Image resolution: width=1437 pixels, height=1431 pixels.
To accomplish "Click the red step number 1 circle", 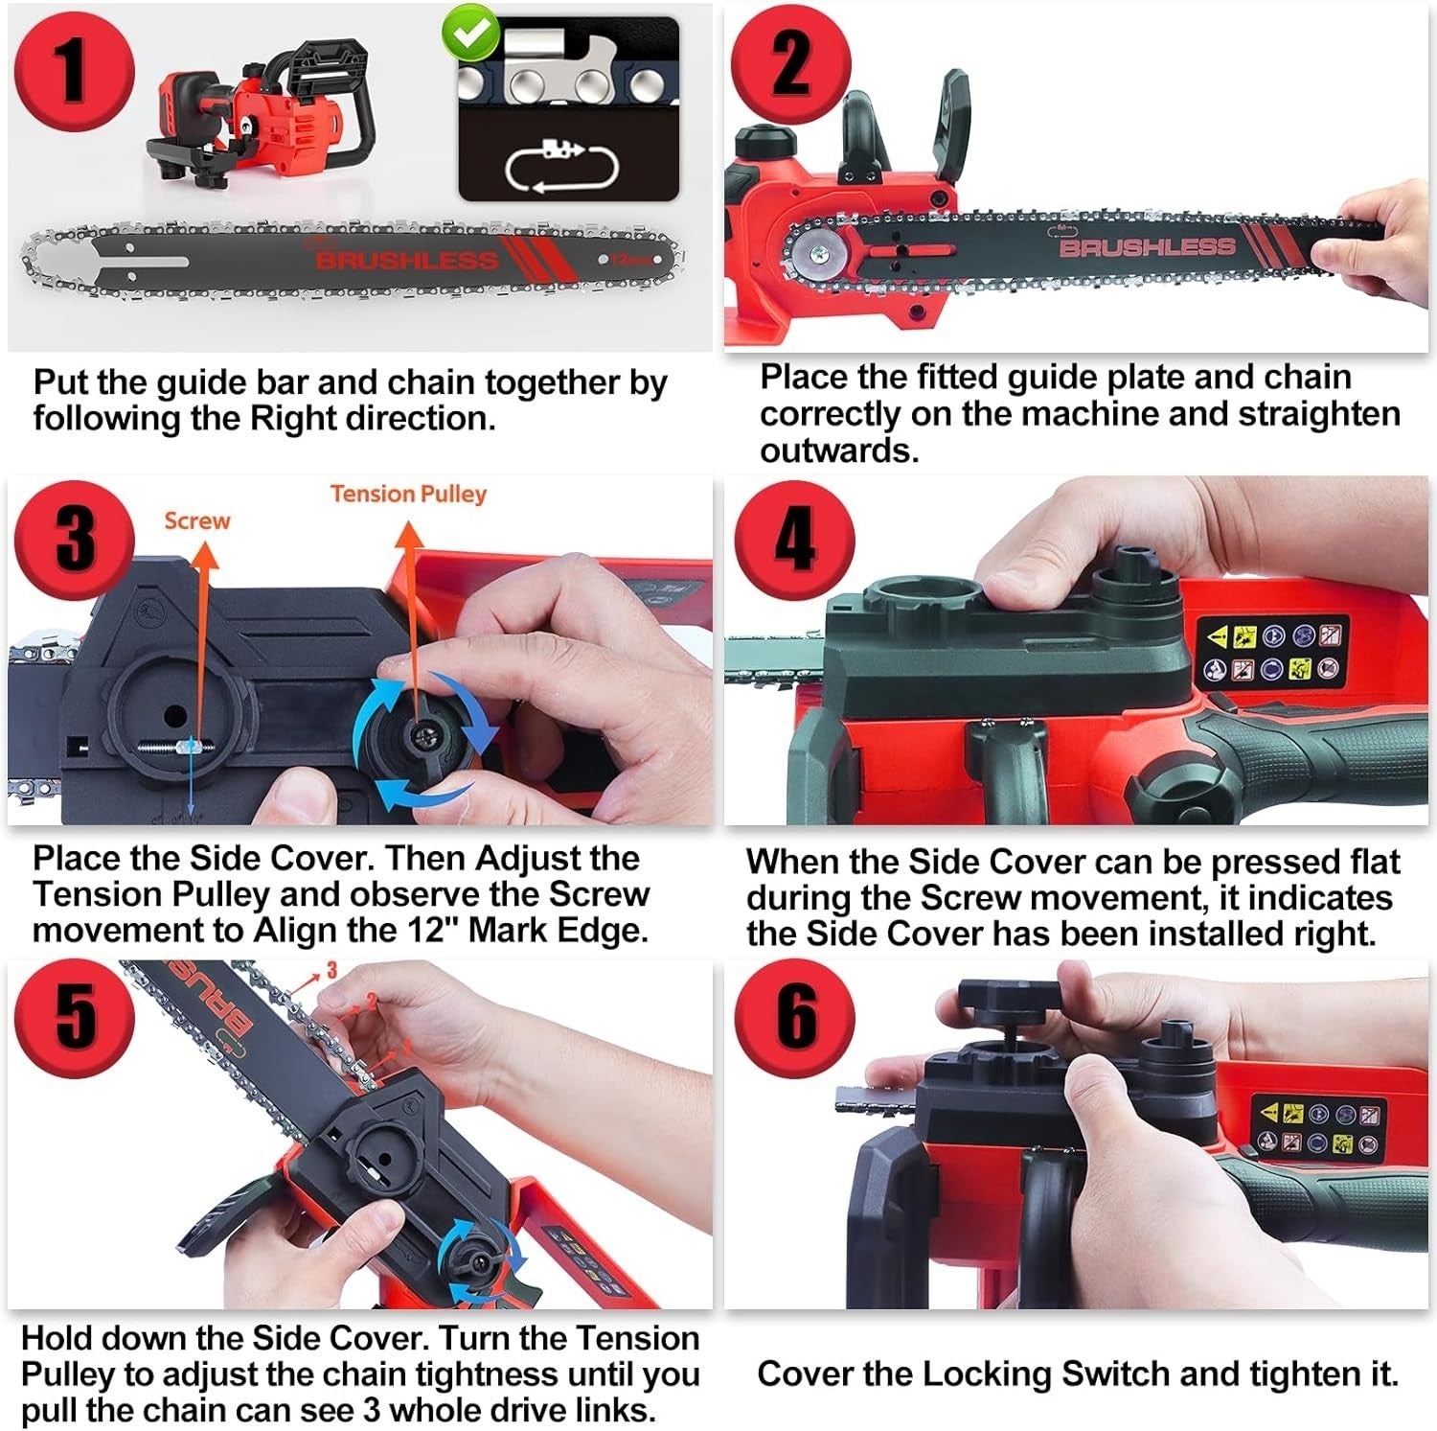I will (x=74, y=71).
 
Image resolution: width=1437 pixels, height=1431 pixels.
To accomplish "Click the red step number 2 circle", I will (x=790, y=65).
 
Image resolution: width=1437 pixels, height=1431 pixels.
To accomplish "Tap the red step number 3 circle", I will (x=75, y=540).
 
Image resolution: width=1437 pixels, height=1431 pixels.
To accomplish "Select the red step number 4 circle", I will (x=794, y=540).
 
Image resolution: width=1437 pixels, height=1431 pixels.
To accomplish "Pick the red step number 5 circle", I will (x=75, y=1016).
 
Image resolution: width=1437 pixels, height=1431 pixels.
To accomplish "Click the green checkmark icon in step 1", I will (x=470, y=32).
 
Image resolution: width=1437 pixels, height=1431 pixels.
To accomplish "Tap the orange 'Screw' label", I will (x=196, y=520).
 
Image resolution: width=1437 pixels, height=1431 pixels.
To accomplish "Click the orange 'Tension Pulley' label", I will (x=408, y=494).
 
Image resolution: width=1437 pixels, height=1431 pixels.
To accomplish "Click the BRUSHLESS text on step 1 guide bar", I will (x=407, y=260).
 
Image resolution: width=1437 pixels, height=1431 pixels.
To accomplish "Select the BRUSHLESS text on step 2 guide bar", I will (x=1147, y=247).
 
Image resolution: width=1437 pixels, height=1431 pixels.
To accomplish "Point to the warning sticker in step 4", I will (x=1272, y=652).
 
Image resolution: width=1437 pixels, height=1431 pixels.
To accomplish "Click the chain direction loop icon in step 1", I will (x=562, y=168).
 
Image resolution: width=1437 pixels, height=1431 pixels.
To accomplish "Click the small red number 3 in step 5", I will (x=331, y=970).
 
